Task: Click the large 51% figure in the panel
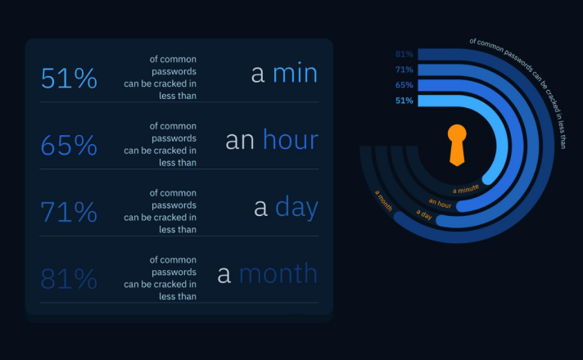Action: (x=69, y=79)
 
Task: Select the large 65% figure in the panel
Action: (x=69, y=146)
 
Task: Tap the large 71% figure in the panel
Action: (x=69, y=212)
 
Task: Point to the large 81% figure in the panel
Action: (x=69, y=279)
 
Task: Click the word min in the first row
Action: (x=296, y=73)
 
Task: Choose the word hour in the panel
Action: (x=291, y=140)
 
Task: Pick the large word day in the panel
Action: (x=296, y=207)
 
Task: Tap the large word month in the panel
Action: (x=278, y=274)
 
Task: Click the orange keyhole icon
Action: (x=457, y=146)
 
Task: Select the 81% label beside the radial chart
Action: (x=404, y=54)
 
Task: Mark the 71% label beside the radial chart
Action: (x=404, y=70)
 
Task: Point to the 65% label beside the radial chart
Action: (x=404, y=85)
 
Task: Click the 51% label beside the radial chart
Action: (x=404, y=101)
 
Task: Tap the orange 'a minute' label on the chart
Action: (x=466, y=189)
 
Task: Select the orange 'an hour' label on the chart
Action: (x=440, y=203)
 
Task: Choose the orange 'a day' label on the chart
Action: (x=424, y=214)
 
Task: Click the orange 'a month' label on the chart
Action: (x=383, y=200)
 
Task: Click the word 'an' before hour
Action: (x=240, y=142)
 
